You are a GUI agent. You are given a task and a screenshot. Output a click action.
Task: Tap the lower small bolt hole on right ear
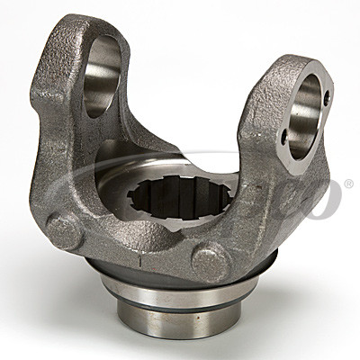tap(285, 137)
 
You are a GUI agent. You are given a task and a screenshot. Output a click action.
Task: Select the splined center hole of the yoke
tap(171, 193)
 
